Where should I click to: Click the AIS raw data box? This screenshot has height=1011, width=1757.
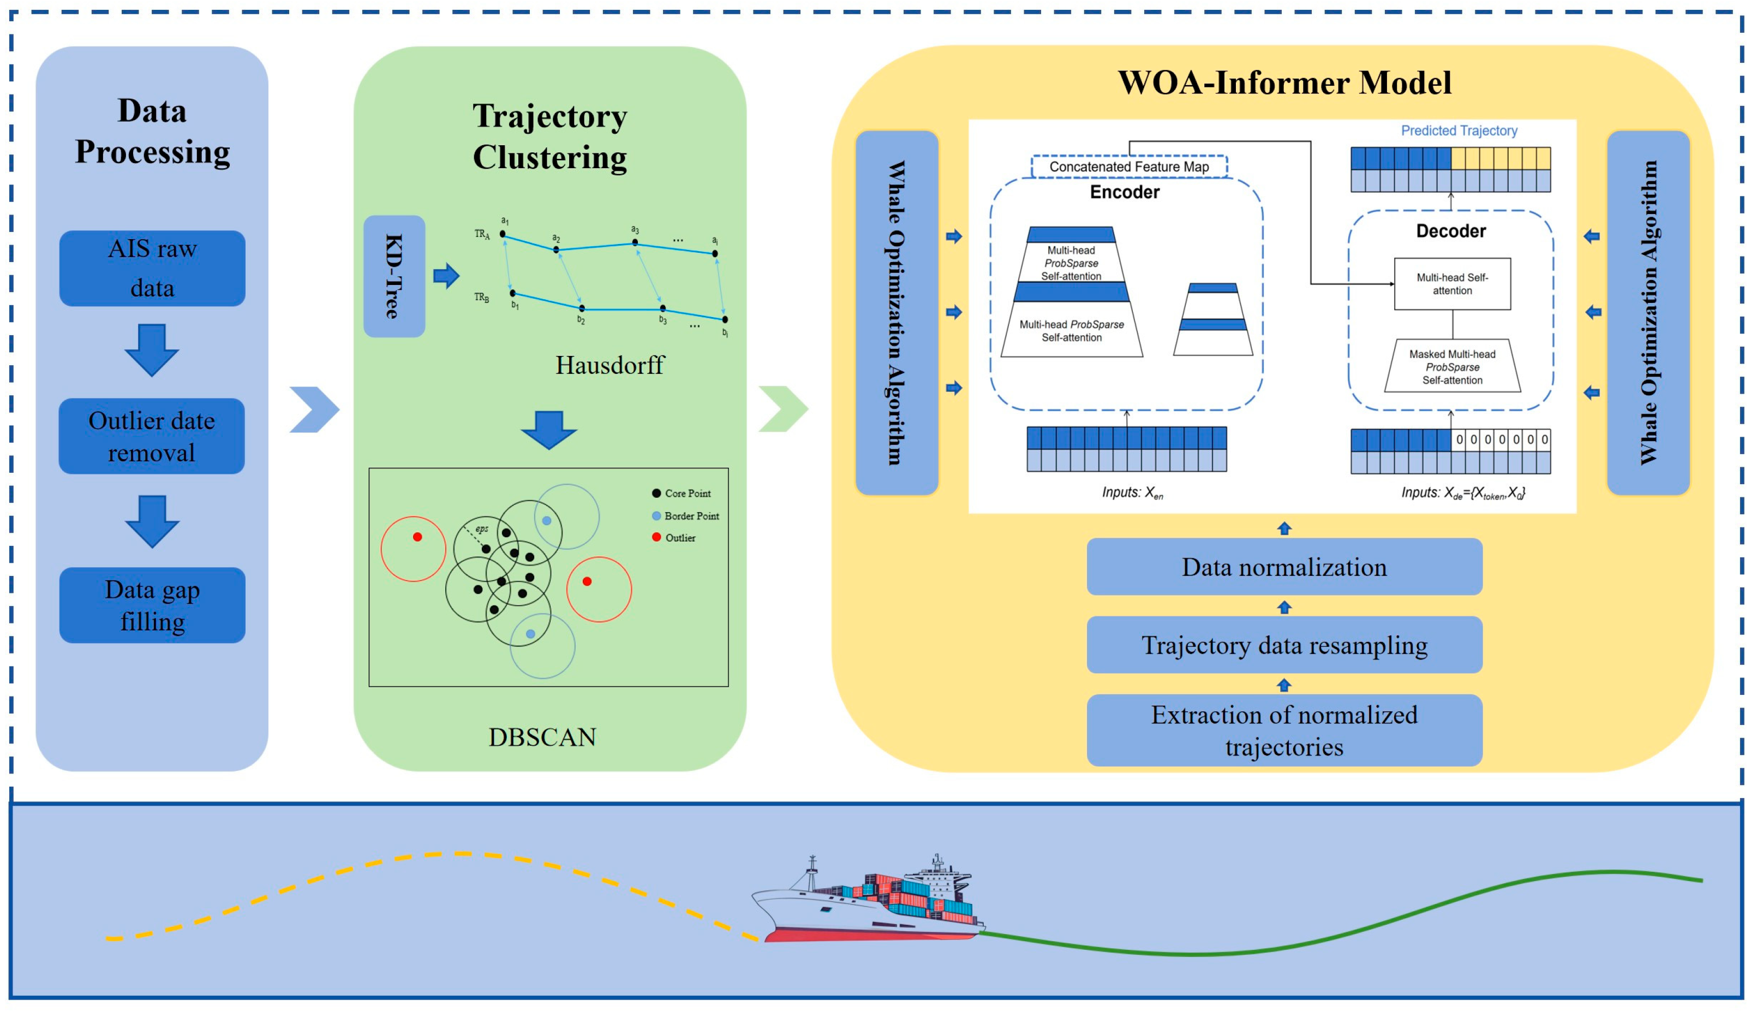pyautogui.click(x=152, y=268)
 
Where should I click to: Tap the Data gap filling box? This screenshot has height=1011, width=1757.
pyautogui.click(x=152, y=605)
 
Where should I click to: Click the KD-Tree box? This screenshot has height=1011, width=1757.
pyautogui.click(x=394, y=276)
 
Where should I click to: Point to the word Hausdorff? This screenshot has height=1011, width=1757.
pyautogui.click(x=609, y=365)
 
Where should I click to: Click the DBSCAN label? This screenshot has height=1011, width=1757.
pyautogui.click(x=542, y=737)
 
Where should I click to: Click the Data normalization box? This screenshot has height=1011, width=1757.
pyautogui.click(x=1284, y=567)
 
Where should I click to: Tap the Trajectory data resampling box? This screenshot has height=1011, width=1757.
pyautogui.click(x=1284, y=645)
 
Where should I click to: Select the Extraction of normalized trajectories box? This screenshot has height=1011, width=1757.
pyautogui.click(x=1284, y=730)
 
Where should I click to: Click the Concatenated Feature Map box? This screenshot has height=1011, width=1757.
pyautogui.click(x=1128, y=166)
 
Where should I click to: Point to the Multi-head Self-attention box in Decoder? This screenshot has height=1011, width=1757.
pyautogui.click(x=1451, y=284)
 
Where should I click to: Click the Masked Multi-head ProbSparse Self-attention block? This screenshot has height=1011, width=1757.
pyautogui.click(x=1451, y=367)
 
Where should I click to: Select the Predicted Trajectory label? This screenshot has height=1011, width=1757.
pyautogui.click(x=1459, y=130)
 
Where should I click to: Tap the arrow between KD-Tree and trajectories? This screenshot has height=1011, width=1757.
pyautogui.click(x=446, y=276)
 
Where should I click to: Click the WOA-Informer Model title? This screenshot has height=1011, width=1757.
pyautogui.click(x=1284, y=82)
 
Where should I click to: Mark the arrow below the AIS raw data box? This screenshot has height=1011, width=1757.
pyautogui.click(x=152, y=349)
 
